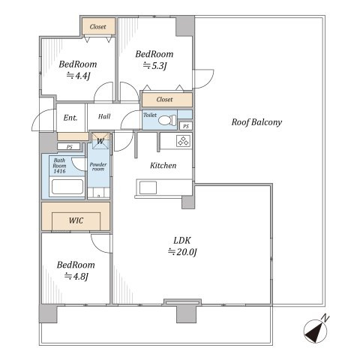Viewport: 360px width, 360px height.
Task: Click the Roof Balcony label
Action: pos(256,122)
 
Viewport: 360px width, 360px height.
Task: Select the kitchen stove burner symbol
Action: pos(184,141)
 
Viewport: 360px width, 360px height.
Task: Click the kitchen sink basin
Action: pos(148,187)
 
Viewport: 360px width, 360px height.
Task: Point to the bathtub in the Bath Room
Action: pos(67,187)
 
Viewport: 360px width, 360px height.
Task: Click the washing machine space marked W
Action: pos(100,141)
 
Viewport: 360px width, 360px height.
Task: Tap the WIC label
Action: pos(76,220)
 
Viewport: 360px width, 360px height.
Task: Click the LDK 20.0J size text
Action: pos(182,251)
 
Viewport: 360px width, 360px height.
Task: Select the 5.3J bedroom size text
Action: pos(155,66)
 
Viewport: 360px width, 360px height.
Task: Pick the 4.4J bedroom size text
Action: pos(78,76)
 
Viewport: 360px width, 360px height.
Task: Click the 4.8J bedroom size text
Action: pos(76,276)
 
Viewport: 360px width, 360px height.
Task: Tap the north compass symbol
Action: pos(316,331)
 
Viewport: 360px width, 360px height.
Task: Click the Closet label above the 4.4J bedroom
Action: pos(97,27)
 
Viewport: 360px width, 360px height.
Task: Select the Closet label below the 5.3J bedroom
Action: pos(164,100)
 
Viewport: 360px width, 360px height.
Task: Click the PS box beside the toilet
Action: pos(186,126)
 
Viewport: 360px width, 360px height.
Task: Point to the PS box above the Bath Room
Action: pos(69,147)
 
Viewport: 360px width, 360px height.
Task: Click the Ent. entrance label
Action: pos(70,118)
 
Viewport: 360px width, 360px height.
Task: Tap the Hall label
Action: pos(104,116)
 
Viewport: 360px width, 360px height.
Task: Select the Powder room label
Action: pos(98,166)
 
